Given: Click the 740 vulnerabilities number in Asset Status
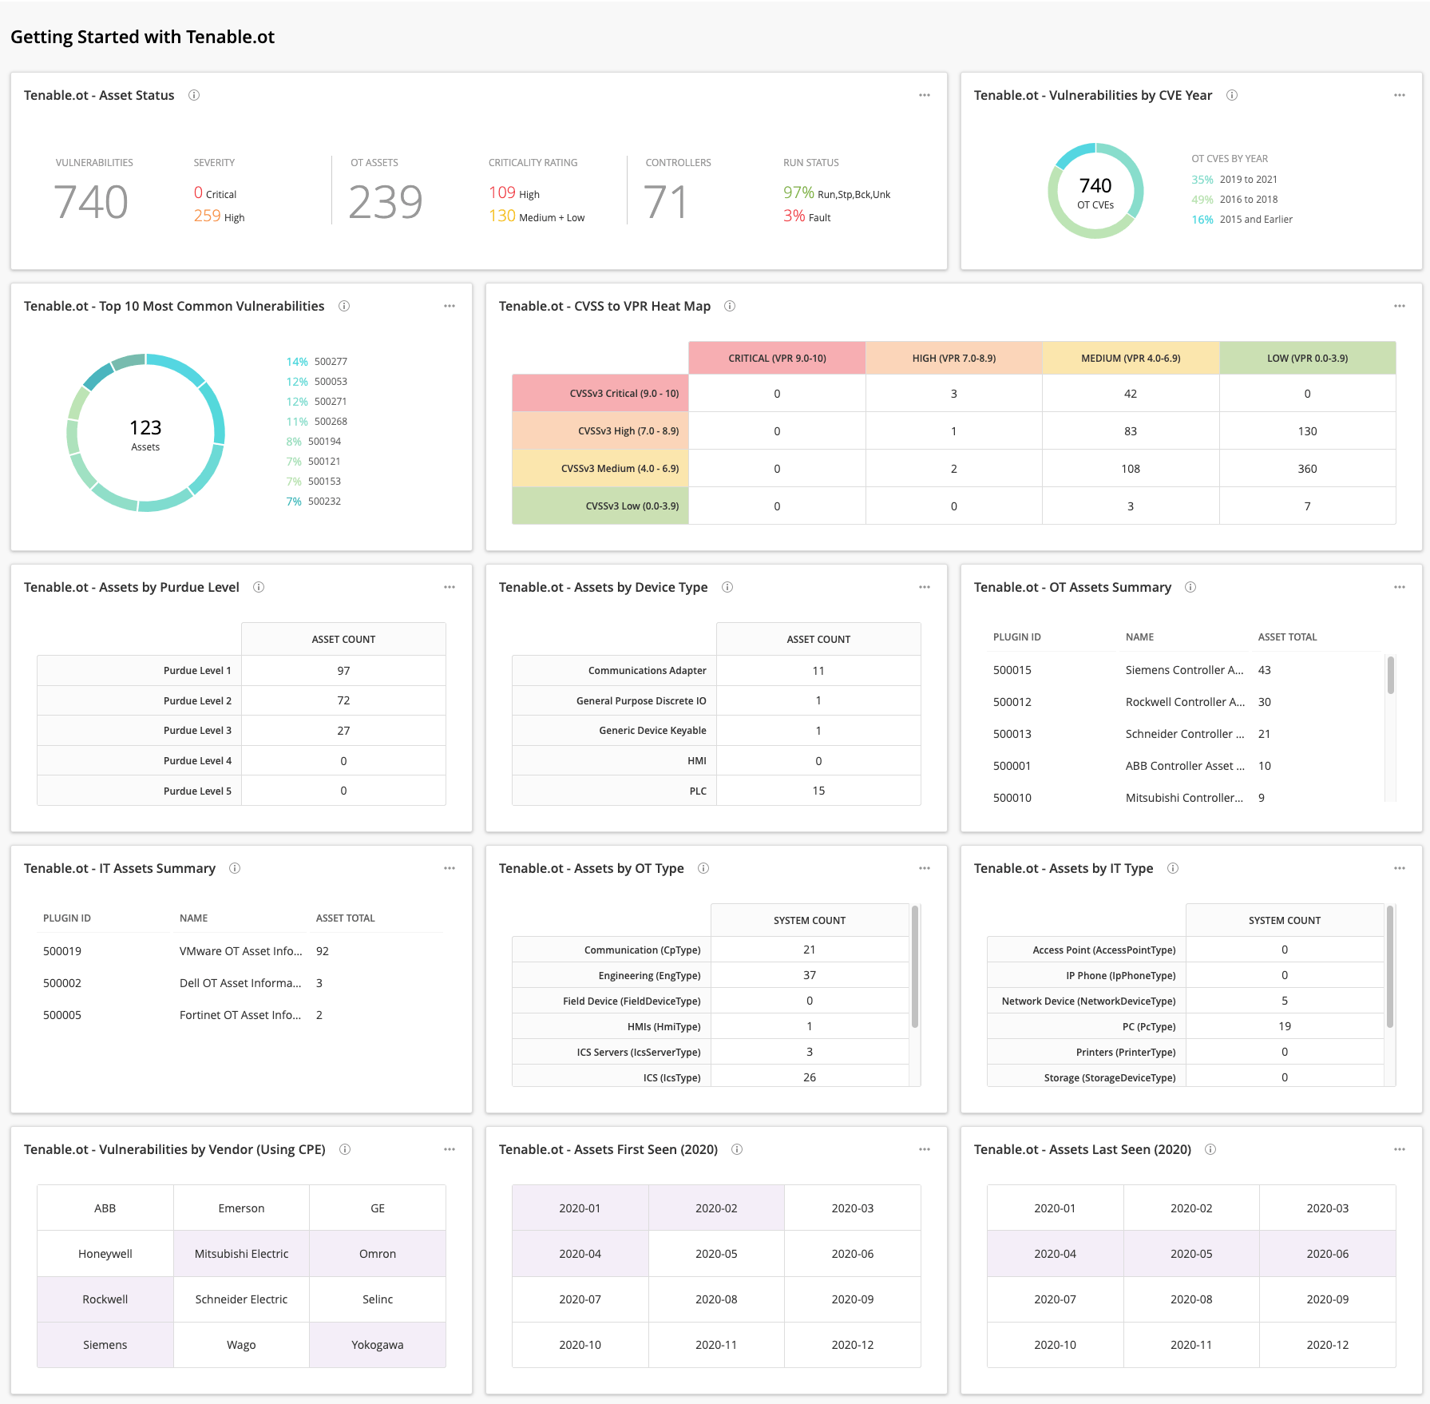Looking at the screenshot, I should click(91, 202).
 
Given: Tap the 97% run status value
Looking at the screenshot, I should click(798, 192).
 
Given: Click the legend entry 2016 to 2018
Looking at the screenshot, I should click(1248, 200).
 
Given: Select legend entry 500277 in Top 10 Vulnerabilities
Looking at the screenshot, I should click(330, 362).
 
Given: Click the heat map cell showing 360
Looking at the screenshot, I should click(1306, 469).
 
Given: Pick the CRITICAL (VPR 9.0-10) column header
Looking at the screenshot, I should click(776, 358).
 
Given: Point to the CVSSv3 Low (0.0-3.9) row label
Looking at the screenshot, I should click(632, 506).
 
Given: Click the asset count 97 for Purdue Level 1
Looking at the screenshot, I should click(343, 671).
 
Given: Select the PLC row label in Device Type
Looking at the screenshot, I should click(697, 791).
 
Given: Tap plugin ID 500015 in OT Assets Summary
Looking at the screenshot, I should click(1012, 670).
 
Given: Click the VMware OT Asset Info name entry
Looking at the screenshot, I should click(240, 951).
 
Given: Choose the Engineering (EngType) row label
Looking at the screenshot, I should click(649, 975).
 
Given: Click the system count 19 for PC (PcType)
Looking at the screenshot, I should click(1284, 1026).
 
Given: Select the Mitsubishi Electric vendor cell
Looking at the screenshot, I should click(241, 1254).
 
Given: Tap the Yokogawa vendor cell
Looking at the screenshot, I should click(377, 1345).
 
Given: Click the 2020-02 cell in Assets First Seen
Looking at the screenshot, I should click(715, 1208).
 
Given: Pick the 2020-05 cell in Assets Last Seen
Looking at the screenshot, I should click(1190, 1254).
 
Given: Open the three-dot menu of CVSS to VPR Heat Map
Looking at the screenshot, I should click(1399, 306).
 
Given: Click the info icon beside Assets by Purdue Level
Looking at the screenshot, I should click(259, 587).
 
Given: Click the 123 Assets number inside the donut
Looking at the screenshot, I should click(145, 428).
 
